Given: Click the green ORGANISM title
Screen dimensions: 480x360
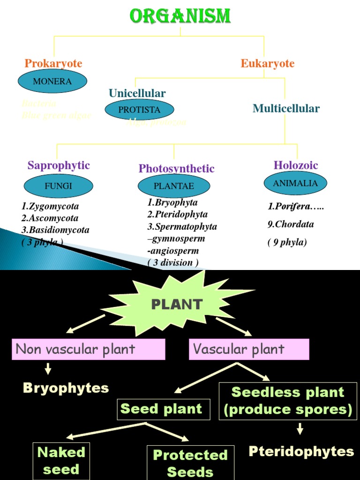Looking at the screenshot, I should coord(180,16).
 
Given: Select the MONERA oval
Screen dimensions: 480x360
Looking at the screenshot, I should coord(52,82).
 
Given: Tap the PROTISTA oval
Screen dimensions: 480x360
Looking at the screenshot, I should coord(139,110).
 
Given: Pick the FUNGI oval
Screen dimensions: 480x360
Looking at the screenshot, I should coord(59,186).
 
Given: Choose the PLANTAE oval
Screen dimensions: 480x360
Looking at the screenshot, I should coord(174,186).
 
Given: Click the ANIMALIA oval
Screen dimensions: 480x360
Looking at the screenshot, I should coord(295,183).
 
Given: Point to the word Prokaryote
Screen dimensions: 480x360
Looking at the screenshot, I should coord(53,63).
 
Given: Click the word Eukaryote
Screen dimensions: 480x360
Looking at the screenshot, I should coord(268,63).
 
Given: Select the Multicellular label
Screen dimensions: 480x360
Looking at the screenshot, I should coord(286,109).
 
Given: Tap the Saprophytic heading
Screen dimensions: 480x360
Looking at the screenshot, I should coord(59,165).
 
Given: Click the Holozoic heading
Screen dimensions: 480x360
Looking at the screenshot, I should coord(296,165).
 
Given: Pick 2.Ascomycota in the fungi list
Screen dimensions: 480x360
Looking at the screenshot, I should coord(50,218).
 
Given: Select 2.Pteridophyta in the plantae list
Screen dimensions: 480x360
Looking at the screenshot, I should coord(177,215).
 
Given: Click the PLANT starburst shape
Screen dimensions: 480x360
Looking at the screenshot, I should coord(177,304).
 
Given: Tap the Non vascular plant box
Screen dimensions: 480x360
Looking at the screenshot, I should coord(89,350).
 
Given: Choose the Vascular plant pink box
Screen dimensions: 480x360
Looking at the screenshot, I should coord(249,350).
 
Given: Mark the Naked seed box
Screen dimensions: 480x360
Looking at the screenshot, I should coord(61,461).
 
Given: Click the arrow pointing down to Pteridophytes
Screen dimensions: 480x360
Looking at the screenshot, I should coord(300,428).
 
